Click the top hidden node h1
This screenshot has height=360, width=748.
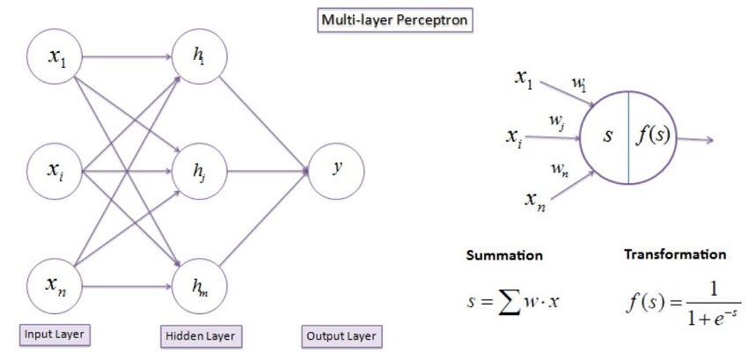coord(201,59)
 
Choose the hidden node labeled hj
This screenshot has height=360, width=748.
coord(201,171)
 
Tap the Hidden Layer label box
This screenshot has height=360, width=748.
coord(202,335)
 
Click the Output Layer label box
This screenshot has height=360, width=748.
coord(341,335)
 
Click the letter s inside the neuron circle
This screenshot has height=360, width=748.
coord(607,138)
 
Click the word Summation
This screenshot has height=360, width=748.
coord(504,256)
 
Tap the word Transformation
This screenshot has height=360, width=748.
coord(675,254)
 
